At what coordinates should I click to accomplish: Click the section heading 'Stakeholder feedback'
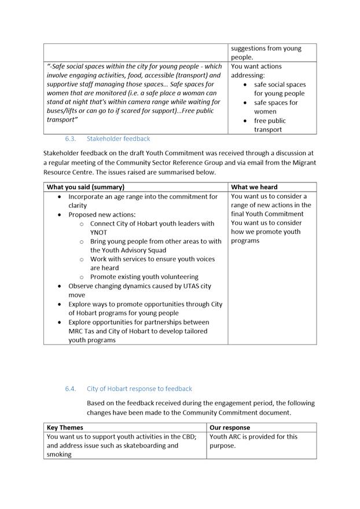pos(118,139)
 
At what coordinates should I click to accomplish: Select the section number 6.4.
pos(71,389)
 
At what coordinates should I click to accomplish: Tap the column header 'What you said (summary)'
pos(85,187)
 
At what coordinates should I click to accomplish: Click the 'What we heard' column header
pos(254,187)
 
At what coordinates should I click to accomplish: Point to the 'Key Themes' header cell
pos(65,428)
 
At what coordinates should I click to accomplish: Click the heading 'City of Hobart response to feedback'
pos(139,389)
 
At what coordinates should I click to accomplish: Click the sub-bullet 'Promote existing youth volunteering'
pos(144,277)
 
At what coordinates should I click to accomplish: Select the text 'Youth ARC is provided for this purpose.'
pos(254,441)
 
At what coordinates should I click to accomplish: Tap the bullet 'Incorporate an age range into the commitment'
pos(143,201)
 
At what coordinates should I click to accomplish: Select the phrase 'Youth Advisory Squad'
pos(128,250)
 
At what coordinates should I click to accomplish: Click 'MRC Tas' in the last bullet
pos(83,331)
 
